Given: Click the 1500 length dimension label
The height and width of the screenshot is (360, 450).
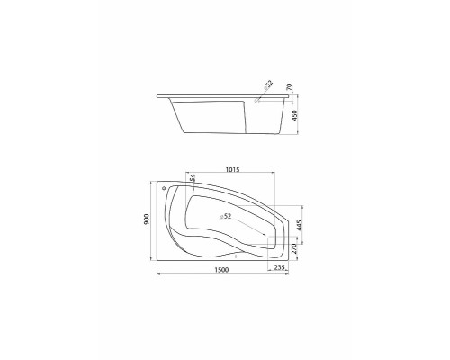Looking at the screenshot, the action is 221,270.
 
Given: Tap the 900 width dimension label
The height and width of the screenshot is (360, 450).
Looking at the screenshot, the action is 147,220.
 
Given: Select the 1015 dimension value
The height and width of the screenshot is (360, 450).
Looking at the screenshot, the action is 232,170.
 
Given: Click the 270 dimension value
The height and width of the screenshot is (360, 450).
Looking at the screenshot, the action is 294,248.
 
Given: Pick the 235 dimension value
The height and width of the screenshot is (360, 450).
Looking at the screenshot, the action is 279,266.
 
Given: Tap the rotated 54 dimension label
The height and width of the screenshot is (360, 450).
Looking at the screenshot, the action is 193,178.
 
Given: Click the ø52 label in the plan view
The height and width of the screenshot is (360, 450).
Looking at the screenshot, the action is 225,216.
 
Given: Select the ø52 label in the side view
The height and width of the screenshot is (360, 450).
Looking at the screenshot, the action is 268,85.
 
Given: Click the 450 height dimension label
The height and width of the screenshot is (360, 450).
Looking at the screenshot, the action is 295,115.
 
